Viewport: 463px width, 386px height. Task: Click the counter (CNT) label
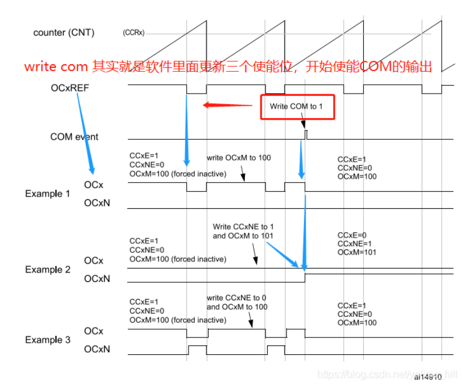pyautogui.click(x=64, y=32)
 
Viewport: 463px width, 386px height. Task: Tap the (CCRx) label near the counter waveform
pyautogui.click(x=133, y=33)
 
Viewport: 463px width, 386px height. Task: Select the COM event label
pyautogui.click(x=74, y=136)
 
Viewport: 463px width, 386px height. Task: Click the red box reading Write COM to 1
pyautogui.click(x=297, y=106)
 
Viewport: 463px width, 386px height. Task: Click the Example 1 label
pyautogui.click(x=47, y=194)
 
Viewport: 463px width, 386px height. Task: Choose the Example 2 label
pyautogui.click(x=47, y=270)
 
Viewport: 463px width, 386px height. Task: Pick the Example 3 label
pyautogui.click(x=47, y=340)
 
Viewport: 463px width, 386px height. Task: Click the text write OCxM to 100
pyautogui.click(x=239, y=158)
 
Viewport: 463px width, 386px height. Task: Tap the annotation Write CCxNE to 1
pyautogui.click(x=243, y=227)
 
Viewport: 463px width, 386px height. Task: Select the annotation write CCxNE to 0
pyautogui.click(x=237, y=298)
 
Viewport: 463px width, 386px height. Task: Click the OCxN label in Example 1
pyautogui.click(x=97, y=203)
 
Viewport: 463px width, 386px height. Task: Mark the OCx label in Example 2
pyautogui.click(x=94, y=260)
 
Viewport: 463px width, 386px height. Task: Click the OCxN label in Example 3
pyautogui.click(x=97, y=349)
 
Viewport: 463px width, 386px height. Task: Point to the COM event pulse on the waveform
pyautogui.click(x=306, y=134)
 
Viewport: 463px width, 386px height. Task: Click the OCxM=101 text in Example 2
pyautogui.click(x=357, y=252)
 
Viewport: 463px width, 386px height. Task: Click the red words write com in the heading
pyautogui.click(x=56, y=67)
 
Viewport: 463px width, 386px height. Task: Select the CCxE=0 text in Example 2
pyautogui.click(x=351, y=234)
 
